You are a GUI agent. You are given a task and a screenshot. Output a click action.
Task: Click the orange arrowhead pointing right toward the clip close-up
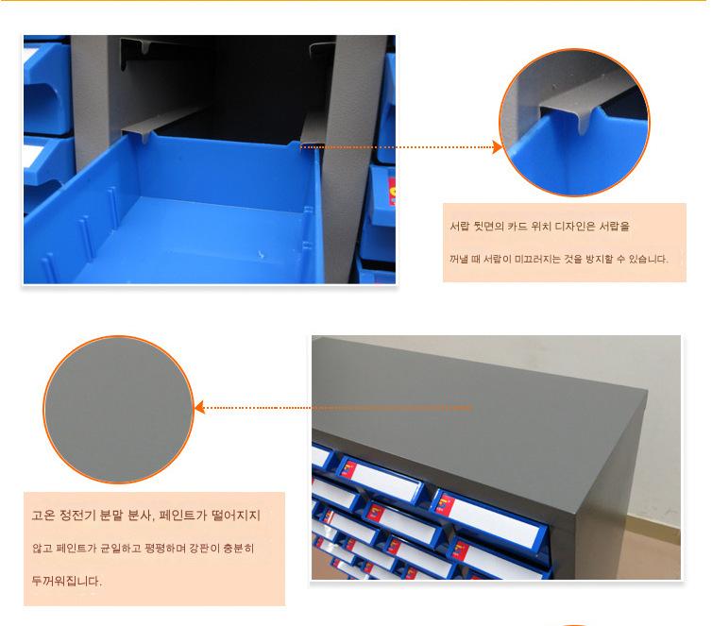coord(498,147)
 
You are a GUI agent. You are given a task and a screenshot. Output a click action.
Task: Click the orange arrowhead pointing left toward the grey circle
coord(200,408)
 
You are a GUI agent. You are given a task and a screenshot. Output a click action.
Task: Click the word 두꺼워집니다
coord(67,581)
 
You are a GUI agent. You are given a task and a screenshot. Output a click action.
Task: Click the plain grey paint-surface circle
coord(119,410)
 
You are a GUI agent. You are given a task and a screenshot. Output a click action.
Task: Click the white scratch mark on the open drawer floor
coord(261,255)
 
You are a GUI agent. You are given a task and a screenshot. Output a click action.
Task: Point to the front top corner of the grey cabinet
coord(647,391)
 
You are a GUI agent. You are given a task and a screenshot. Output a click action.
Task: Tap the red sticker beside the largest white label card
coord(445,504)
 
